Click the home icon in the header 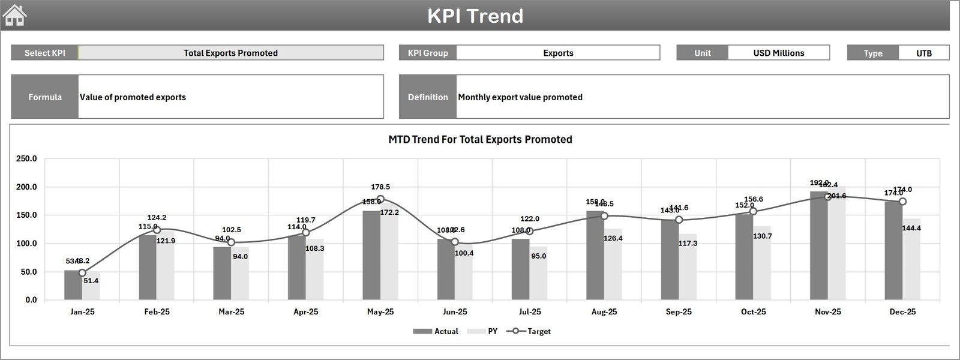(15, 15)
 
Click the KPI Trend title (475, 16)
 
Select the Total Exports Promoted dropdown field (230, 53)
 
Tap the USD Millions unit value (778, 53)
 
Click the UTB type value (923, 53)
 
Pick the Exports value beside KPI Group (558, 53)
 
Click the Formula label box (45, 97)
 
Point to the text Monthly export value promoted (520, 97)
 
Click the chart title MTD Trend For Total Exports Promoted (480, 139)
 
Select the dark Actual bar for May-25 (371, 255)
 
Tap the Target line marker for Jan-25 (82, 273)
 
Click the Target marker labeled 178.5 (380, 199)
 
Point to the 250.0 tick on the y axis (26, 159)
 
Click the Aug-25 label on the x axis (604, 312)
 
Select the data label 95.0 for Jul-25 (538, 256)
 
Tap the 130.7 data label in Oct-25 (762, 236)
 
